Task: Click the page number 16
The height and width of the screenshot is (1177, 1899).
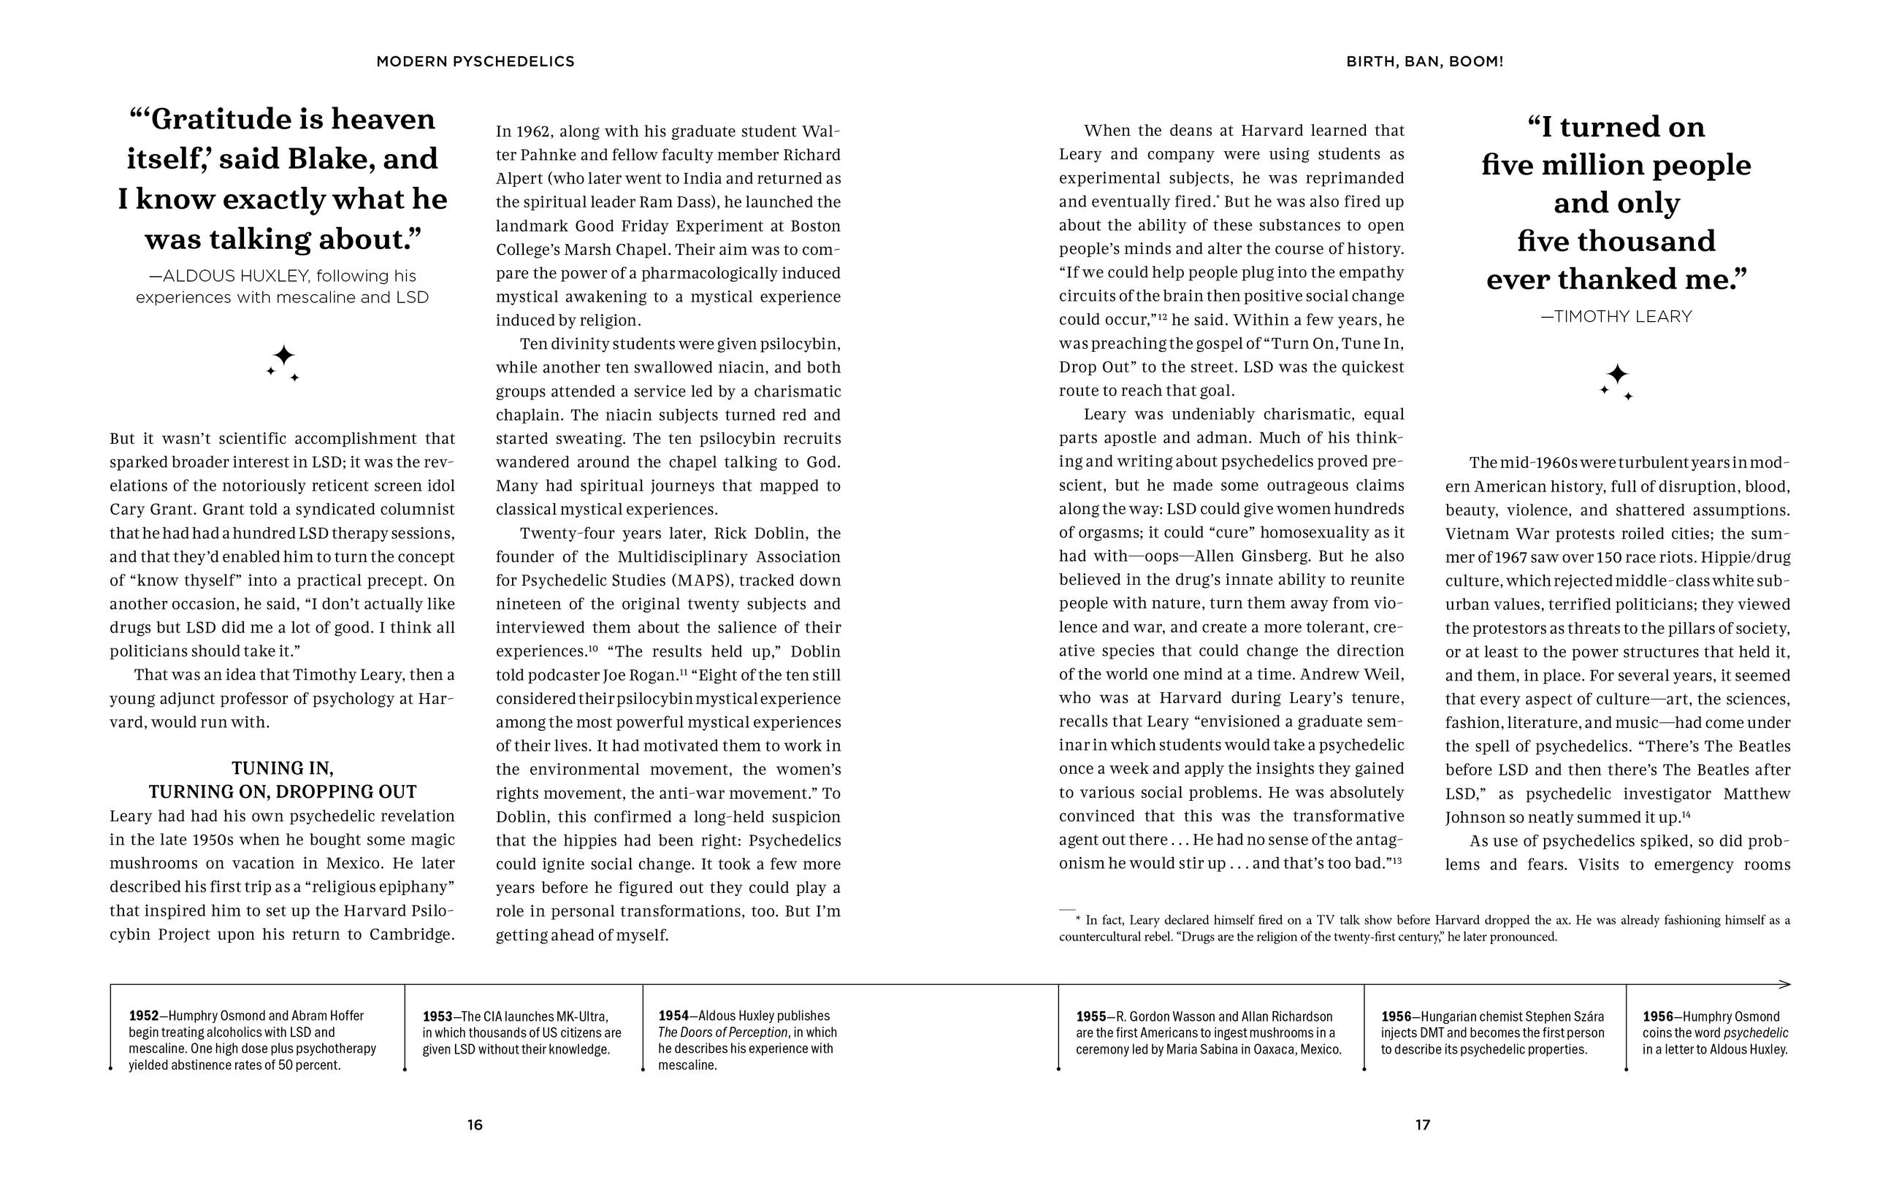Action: [475, 1124]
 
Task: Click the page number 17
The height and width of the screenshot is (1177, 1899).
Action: [1423, 1124]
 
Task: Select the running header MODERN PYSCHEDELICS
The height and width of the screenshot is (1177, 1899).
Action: [475, 61]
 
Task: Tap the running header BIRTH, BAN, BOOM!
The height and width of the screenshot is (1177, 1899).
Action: [1424, 61]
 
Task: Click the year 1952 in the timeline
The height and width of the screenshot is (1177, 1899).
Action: [143, 1016]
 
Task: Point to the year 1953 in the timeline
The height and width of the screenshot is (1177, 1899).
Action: [438, 1016]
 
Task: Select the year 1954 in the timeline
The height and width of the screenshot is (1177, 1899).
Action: [673, 1016]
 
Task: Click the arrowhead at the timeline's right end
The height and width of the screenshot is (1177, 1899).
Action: [1784, 984]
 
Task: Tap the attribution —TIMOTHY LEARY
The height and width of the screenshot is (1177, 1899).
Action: [1616, 317]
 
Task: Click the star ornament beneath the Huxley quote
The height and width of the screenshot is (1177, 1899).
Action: [283, 362]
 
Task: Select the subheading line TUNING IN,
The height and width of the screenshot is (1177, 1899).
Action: [283, 768]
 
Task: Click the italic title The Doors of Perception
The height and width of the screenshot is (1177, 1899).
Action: [712, 1032]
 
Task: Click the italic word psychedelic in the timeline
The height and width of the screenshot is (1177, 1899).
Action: [1756, 1033]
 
